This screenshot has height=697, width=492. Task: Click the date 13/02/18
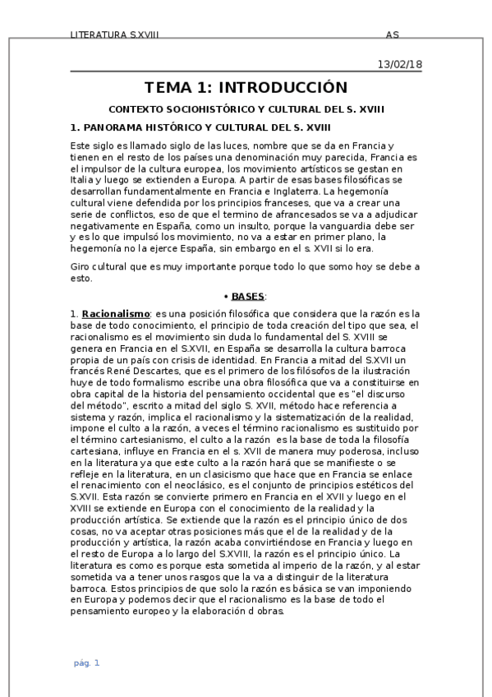[400, 64]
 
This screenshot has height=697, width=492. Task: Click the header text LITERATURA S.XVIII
[115, 35]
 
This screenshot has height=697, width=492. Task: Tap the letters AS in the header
[393, 35]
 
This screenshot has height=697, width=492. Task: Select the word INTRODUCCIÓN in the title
[283, 88]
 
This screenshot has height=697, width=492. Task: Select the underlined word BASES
[248, 296]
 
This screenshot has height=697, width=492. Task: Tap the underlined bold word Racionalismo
[116, 313]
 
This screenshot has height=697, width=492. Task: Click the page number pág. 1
[86, 662]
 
